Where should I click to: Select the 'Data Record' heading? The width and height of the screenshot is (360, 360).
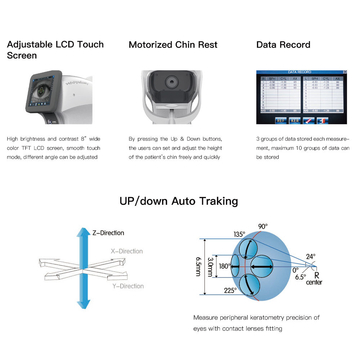283,46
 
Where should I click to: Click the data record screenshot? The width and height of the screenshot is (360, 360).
301,96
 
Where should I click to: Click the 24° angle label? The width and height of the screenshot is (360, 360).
310,256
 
